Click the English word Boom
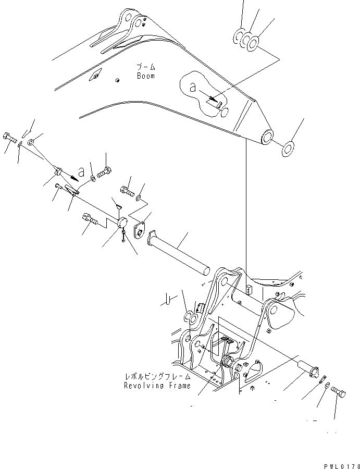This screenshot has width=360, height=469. click(146, 76)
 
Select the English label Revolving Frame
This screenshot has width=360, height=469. click(157, 386)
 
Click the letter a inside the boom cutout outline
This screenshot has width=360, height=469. click(193, 88)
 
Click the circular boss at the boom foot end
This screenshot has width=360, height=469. click(267, 138)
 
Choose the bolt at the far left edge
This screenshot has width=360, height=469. click(9, 138)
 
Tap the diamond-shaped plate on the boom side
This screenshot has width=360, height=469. click(95, 76)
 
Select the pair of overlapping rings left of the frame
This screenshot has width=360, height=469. click(191, 317)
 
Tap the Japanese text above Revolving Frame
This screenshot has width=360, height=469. click(157, 376)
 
